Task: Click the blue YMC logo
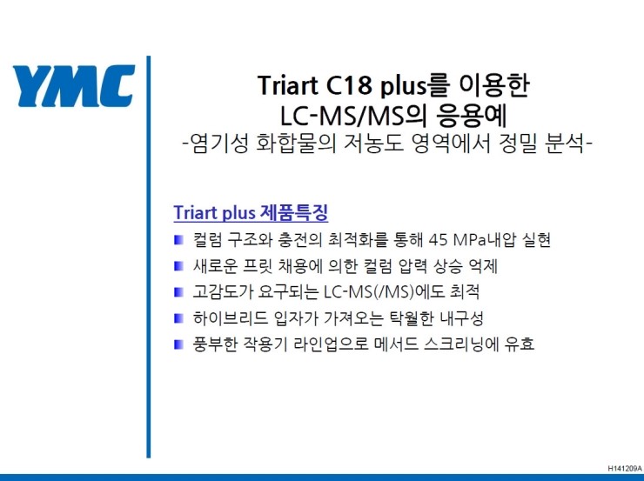click(x=74, y=86)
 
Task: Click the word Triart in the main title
click(x=288, y=85)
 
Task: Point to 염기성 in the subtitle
click(x=218, y=144)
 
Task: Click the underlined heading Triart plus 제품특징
click(x=251, y=212)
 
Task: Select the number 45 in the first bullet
click(x=438, y=240)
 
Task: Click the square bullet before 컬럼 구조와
click(x=178, y=240)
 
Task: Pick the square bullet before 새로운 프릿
click(x=178, y=266)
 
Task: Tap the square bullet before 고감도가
click(x=178, y=292)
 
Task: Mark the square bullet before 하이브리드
click(x=178, y=318)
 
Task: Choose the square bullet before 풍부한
click(x=178, y=344)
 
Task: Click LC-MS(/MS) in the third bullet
click(x=369, y=292)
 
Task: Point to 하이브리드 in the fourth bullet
click(x=230, y=318)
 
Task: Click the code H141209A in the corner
click(x=625, y=468)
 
